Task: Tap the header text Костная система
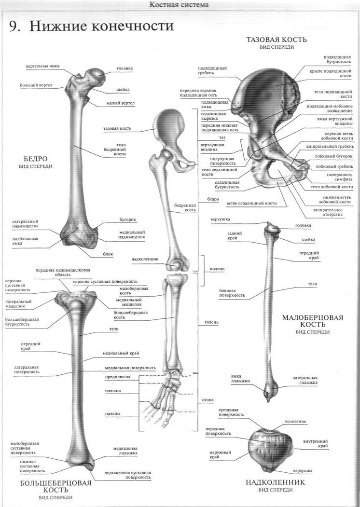pyautogui.click(x=180, y=5)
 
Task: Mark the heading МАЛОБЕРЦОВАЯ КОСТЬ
pyautogui.click(x=312, y=321)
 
